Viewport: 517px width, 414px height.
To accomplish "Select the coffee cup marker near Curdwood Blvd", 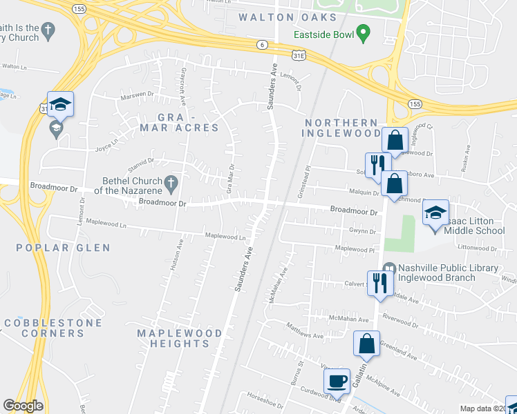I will tap(337, 380).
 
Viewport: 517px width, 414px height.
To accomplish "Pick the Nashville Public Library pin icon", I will tap(389, 268).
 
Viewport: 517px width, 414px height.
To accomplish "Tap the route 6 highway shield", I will tap(261, 45).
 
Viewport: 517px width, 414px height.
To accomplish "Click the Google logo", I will tap(23, 406).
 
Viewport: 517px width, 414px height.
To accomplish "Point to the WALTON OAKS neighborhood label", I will tap(287, 17).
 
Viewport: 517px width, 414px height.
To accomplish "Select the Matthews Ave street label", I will tap(305, 331).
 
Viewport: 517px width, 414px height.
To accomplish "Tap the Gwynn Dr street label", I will tap(361, 231).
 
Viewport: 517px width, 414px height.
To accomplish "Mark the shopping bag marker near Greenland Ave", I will tap(367, 344).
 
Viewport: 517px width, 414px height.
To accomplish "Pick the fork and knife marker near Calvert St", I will tap(380, 282).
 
